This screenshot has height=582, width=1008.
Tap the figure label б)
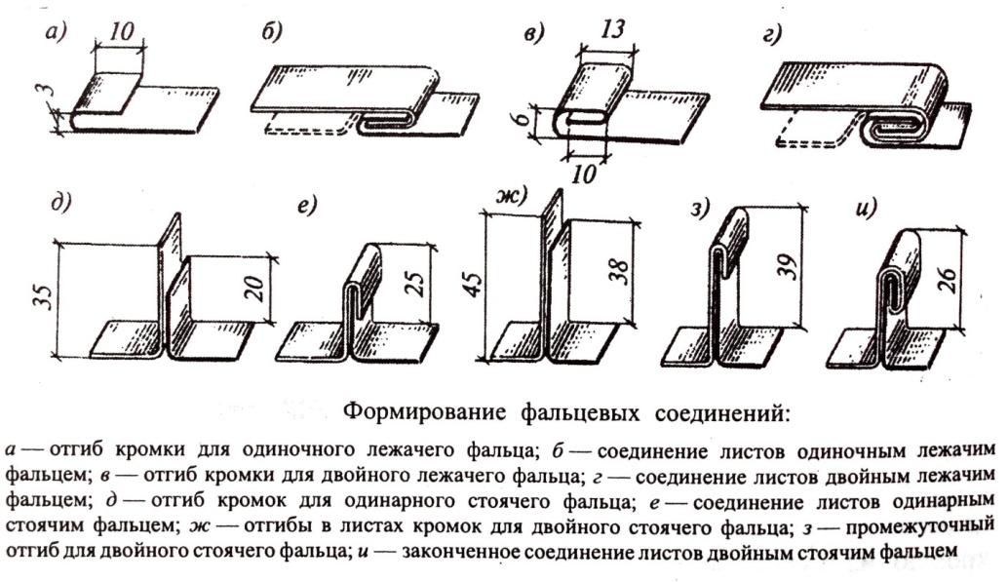point(271,34)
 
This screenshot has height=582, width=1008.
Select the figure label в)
point(534,34)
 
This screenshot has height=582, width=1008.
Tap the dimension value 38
point(621,269)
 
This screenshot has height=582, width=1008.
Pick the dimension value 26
point(950,276)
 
